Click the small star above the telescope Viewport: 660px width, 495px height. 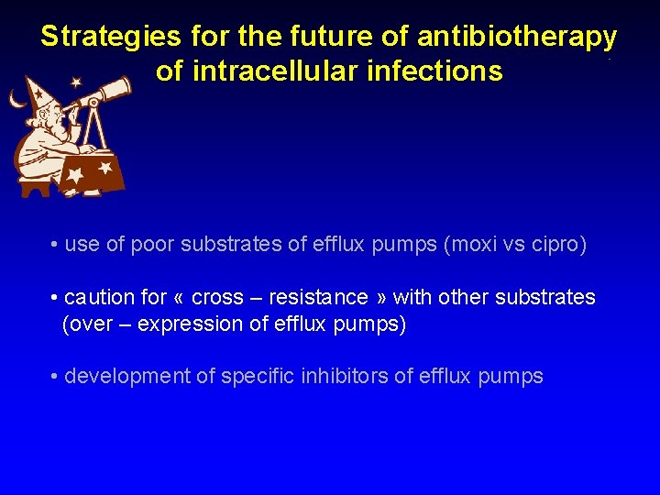pyautogui.click(x=76, y=82)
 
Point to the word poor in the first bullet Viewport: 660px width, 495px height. pyautogui.click(x=152, y=245)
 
